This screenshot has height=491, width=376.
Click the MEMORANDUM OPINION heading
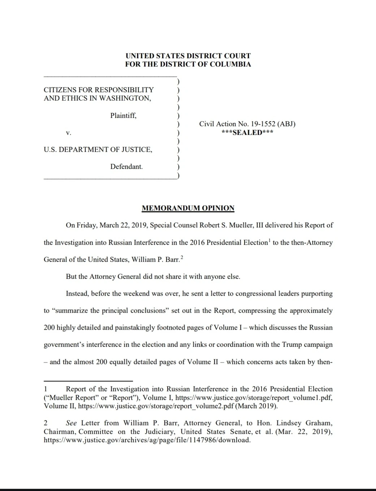point(188,208)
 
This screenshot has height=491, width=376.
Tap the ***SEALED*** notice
point(247,132)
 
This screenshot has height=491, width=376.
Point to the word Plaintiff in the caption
point(123,116)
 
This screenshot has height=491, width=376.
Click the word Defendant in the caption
point(126,167)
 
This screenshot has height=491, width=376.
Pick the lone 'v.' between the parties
point(69,133)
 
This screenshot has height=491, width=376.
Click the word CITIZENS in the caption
point(60,90)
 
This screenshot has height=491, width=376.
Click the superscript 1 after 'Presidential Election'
point(269,240)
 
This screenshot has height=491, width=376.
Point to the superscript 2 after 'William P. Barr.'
point(182,257)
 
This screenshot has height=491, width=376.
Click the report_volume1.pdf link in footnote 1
point(254,397)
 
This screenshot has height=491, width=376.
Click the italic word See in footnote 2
point(71,423)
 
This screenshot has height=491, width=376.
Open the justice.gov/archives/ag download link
point(147,440)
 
